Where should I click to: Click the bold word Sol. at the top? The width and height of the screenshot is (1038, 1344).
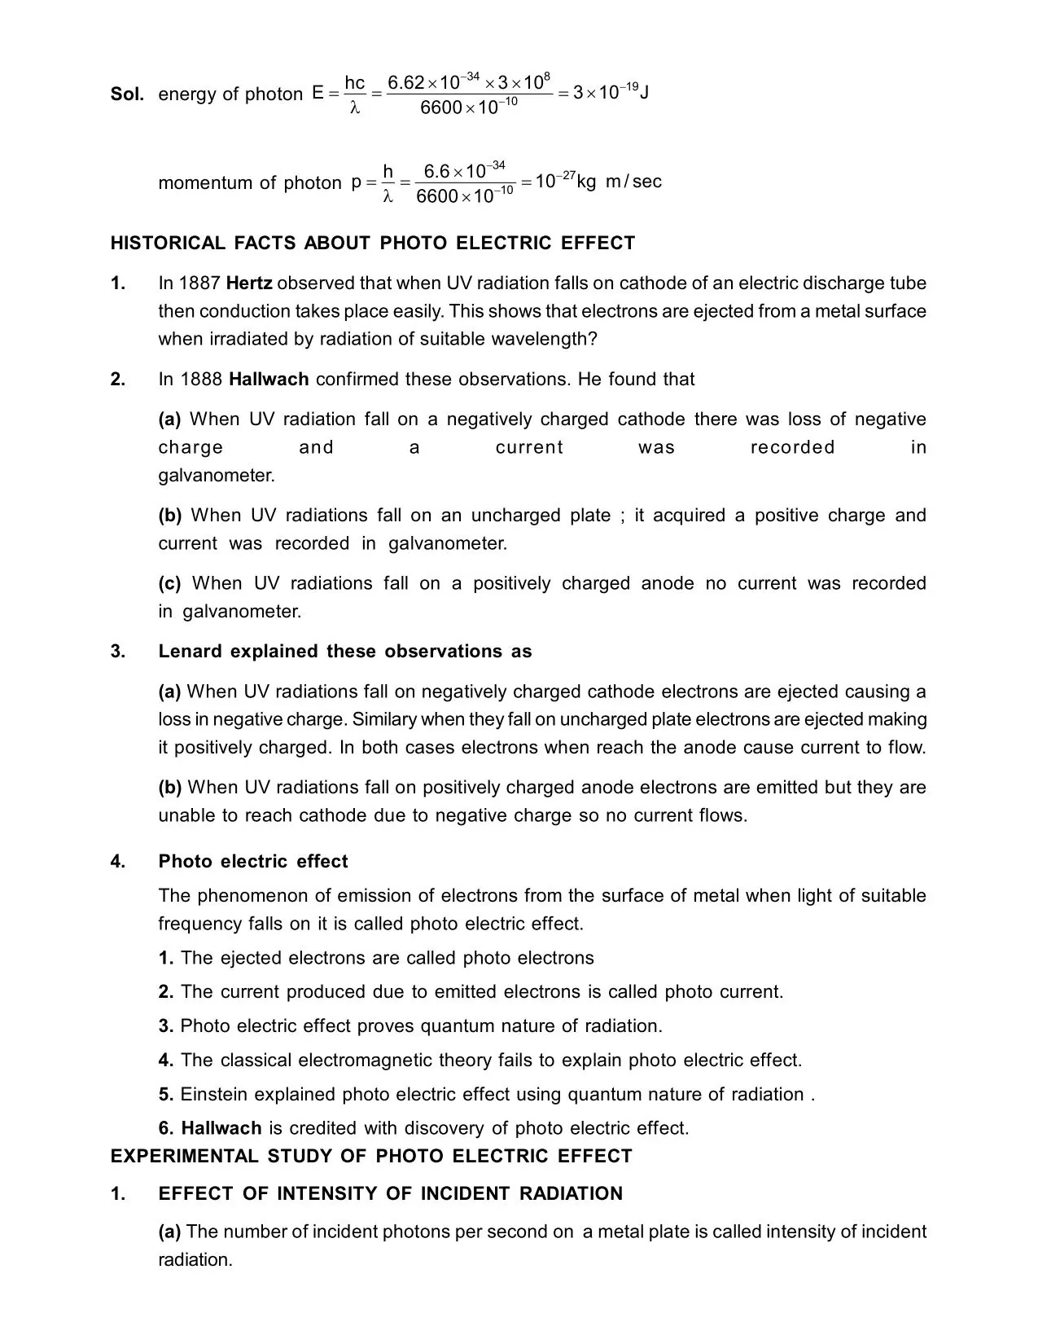pos(127,94)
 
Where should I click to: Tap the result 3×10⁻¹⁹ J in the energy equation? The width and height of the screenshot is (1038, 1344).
pos(610,92)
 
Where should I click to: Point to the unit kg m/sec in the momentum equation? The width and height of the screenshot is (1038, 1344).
pos(619,182)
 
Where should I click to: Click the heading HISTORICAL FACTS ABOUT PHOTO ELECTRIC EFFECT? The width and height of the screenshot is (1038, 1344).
pos(372,243)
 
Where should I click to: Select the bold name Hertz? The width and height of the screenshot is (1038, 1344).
pos(249,283)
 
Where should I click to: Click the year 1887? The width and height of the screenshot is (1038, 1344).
pos(200,283)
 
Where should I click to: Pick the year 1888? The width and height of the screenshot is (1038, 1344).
pos(201,379)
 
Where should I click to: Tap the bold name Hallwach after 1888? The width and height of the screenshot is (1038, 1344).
pos(269,379)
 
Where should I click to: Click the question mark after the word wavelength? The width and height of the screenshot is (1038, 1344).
pos(593,339)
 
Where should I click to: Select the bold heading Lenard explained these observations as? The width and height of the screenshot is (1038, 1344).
pos(344,652)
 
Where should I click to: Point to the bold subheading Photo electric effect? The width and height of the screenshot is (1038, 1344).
pos(253,862)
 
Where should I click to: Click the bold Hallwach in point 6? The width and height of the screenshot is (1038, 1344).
pos(221,1128)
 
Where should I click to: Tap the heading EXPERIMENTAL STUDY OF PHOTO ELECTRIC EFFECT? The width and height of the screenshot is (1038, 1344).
pos(370,1157)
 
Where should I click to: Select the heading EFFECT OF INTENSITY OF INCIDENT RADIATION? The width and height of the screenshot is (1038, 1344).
pos(390,1194)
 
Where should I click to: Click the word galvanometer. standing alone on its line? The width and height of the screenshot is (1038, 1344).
pos(217,475)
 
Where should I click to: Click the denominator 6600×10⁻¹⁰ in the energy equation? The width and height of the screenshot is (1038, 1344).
pos(468,108)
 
